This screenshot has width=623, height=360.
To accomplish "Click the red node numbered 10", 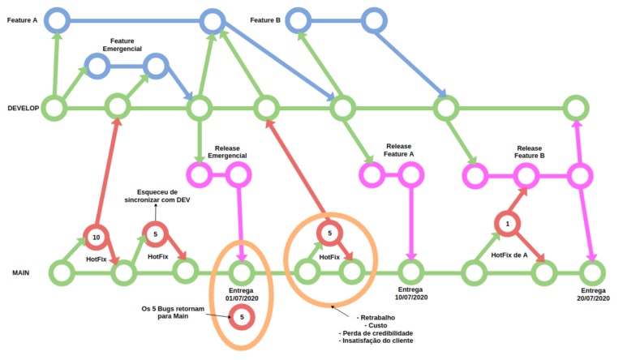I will click(x=97, y=236).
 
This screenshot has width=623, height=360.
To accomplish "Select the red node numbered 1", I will click(x=508, y=223).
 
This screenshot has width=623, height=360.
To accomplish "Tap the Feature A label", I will click(x=22, y=19).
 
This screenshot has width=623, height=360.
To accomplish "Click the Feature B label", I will click(x=265, y=19).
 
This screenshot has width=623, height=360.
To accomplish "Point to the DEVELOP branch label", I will click(x=22, y=108).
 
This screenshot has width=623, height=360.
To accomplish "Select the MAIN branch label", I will click(x=20, y=273).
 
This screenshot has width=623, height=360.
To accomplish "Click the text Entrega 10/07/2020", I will click(x=410, y=294).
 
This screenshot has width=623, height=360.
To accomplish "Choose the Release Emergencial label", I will click(x=227, y=150).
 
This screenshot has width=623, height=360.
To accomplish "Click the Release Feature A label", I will click(x=399, y=150).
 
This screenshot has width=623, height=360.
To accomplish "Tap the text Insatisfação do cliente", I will click(x=376, y=341).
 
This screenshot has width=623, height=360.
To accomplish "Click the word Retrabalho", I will click(x=376, y=315).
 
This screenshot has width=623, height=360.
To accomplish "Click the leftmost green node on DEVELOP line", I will click(x=54, y=107).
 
